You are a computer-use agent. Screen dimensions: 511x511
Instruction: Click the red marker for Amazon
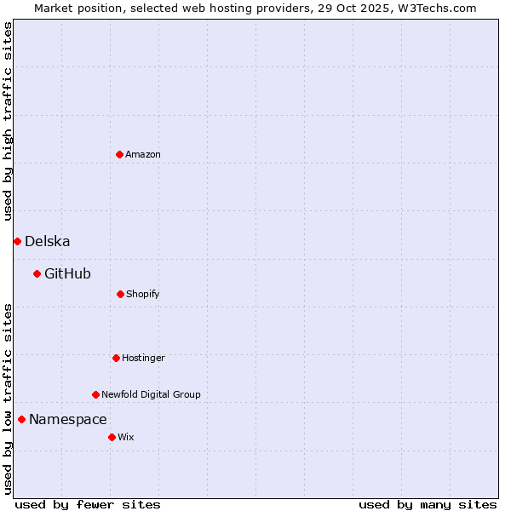click(119, 154)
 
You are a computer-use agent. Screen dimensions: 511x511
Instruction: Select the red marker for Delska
click(17, 241)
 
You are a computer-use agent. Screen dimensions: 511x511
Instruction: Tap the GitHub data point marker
click(37, 273)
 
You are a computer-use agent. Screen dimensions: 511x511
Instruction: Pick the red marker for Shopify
click(120, 294)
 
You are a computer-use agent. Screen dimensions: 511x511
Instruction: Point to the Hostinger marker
click(116, 358)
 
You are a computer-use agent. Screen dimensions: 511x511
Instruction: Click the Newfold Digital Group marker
click(95, 394)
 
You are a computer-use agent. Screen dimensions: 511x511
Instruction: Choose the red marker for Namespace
click(21, 419)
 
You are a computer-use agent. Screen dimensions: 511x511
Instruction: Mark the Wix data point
click(112, 437)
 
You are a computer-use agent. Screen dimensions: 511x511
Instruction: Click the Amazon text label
click(143, 154)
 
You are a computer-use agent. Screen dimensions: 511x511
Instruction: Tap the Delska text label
click(48, 241)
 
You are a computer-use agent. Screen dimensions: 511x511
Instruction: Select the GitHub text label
click(67, 273)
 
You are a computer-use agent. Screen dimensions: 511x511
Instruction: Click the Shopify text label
click(143, 294)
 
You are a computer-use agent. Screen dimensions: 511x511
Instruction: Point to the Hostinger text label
click(143, 358)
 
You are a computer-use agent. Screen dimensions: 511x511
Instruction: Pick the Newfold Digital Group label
click(151, 394)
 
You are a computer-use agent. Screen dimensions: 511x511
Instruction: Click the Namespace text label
click(68, 419)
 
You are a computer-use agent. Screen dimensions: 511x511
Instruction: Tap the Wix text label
click(126, 437)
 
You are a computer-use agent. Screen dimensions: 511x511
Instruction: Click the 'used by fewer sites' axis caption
click(88, 504)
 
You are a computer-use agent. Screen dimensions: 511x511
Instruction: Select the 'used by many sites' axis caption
click(428, 504)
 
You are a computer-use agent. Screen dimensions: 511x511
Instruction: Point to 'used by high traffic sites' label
click(8, 121)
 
